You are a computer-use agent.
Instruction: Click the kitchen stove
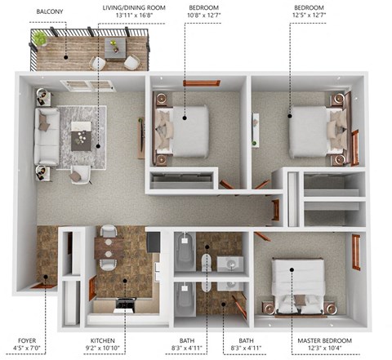pyautogui.click(x=125, y=304)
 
